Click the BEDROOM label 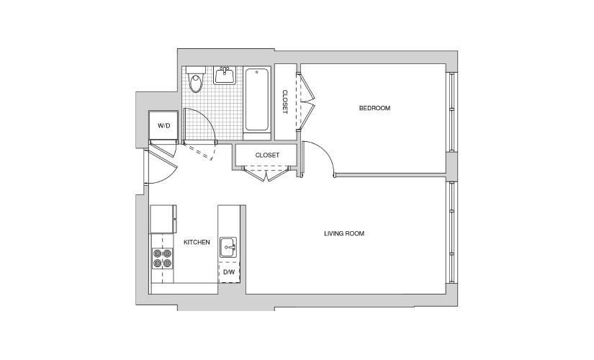pyautogui.click(x=374, y=108)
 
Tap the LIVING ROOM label pyautogui.click(x=344, y=233)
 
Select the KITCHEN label pyautogui.click(x=197, y=242)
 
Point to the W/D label pyautogui.click(x=163, y=125)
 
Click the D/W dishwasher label pyautogui.click(x=229, y=271)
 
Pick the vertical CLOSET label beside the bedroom pyautogui.click(x=285, y=102)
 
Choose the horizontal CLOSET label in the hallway pyautogui.click(x=267, y=155)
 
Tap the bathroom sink pyautogui.click(x=225, y=75)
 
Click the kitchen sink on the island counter pyautogui.click(x=228, y=248)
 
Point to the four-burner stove pyautogui.click(x=162, y=258)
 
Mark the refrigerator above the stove pyautogui.click(x=163, y=219)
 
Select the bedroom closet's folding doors pyautogui.click(x=306, y=102)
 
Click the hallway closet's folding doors pyautogui.click(x=266, y=174)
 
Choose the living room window pyautogui.click(x=451, y=233)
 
